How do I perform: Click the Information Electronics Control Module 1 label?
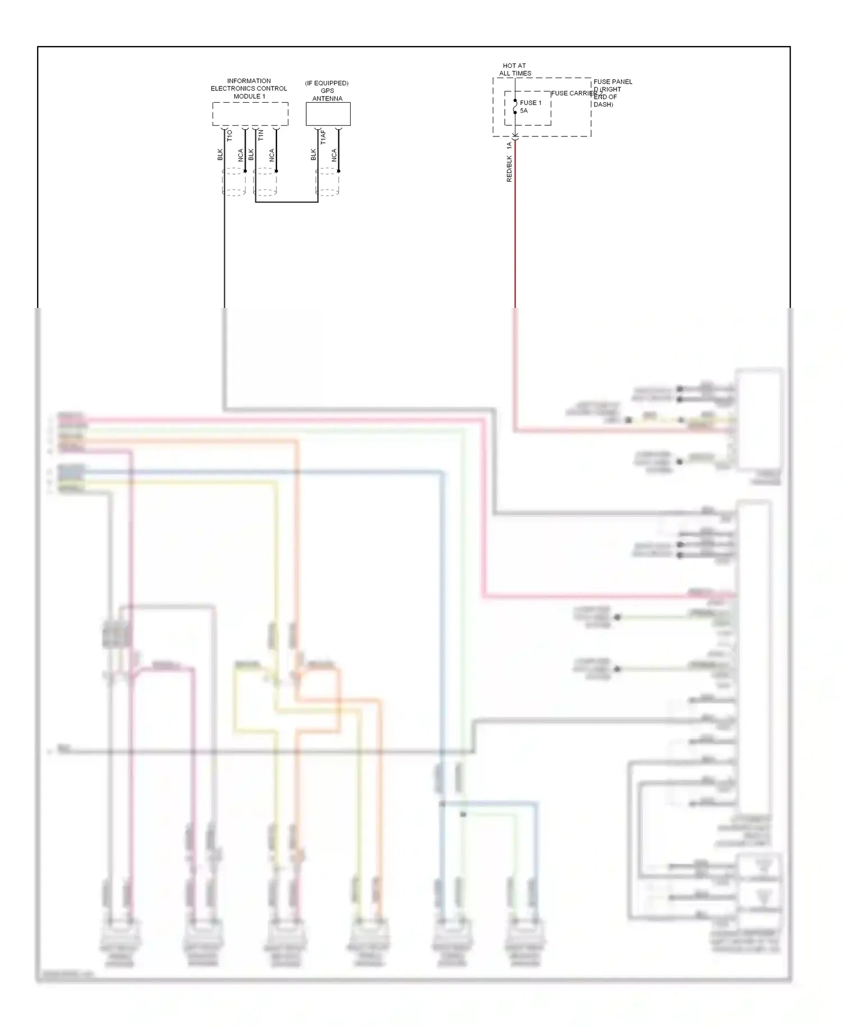pyautogui.click(x=249, y=89)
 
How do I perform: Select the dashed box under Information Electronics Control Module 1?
pyautogui.click(x=250, y=114)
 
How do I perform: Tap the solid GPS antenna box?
pyautogui.click(x=328, y=114)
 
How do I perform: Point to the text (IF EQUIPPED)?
pyautogui.click(x=327, y=83)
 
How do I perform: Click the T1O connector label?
pyautogui.click(x=229, y=135)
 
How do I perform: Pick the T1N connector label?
pyautogui.click(x=260, y=135)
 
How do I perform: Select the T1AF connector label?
pyautogui.click(x=323, y=138)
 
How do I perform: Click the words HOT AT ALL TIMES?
pyautogui.click(x=515, y=70)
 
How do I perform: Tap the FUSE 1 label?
pyautogui.click(x=531, y=103)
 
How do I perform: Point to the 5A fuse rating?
pyautogui.click(x=524, y=111)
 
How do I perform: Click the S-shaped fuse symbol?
pyautogui.click(x=515, y=107)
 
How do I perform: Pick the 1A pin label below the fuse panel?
pyautogui.click(x=509, y=146)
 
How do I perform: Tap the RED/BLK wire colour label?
pyautogui.click(x=509, y=169)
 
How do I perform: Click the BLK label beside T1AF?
pyautogui.click(x=313, y=154)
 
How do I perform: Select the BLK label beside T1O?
pyautogui.click(x=220, y=154)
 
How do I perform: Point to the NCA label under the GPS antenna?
pyautogui.click(x=334, y=155)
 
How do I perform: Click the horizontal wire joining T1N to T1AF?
pyautogui.click(x=287, y=202)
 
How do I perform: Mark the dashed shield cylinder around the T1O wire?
pyautogui.click(x=234, y=182)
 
